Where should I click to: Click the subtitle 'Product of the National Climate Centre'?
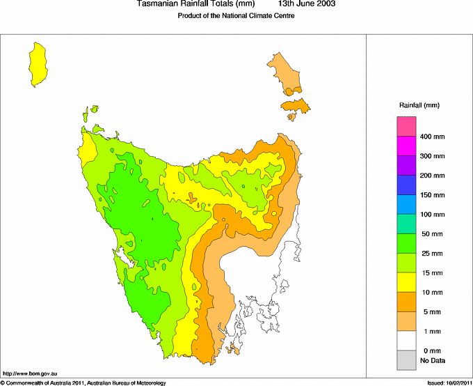[236, 15]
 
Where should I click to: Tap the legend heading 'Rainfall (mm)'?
[419, 105]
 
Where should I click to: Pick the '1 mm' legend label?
[432, 331]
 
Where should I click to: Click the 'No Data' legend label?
[432, 360]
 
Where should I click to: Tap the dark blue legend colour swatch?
[406, 185]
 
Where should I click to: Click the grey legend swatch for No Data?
[406, 360]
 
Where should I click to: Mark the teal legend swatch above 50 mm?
[406, 224]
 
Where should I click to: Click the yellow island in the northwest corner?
[38, 63]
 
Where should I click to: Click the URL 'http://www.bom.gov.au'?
[27, 375]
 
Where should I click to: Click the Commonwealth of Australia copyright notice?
[83, 383]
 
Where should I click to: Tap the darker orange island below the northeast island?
[296, 106]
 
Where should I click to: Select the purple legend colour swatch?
[406, 165]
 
